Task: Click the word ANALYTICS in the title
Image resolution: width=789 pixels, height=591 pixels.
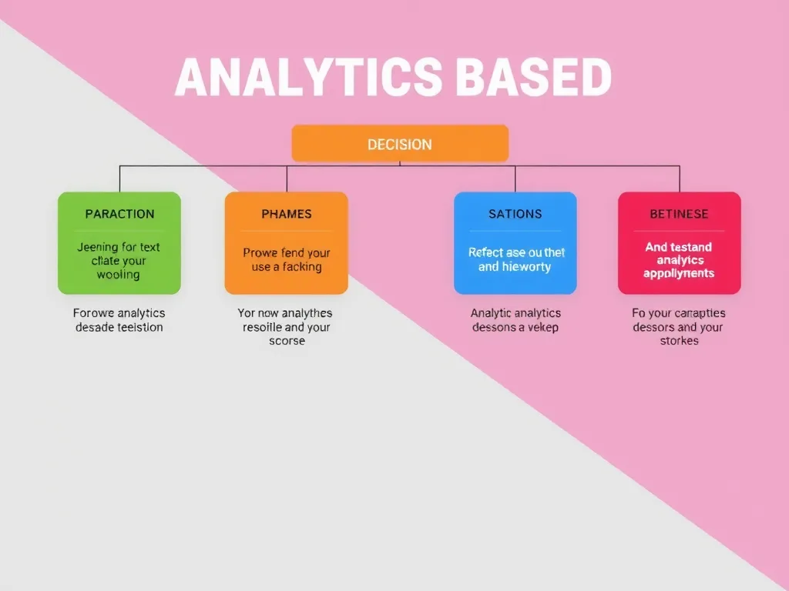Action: [x=308, y=78]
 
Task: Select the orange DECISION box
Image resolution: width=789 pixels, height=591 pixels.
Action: [x=400, y=144]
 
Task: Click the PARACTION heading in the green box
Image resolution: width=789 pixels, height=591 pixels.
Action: [x=119, y=214]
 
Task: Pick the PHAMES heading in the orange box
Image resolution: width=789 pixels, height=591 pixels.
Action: [x=286, y=214]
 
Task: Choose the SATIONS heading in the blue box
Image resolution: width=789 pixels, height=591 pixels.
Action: [x=515, y=214]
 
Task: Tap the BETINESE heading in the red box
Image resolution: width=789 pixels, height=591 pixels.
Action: [x=679, y=214]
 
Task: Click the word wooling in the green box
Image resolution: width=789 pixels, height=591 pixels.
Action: [x=119, y=275]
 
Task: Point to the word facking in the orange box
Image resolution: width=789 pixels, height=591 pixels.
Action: [x=302, y=267]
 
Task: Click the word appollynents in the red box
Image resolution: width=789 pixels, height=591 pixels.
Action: [x=679, y=274]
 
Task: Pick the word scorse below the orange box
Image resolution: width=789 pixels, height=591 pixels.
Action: [x=286, y=341]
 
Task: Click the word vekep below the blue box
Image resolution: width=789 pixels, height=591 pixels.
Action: [x=542, y=327]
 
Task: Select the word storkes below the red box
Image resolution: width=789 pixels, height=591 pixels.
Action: [x=679, y=341]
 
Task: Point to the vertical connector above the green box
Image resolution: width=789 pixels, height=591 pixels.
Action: [x=119, y=179]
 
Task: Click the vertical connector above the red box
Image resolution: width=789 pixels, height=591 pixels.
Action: [x=680, y=179]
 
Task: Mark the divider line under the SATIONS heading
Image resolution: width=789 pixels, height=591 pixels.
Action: [x=515, y=231]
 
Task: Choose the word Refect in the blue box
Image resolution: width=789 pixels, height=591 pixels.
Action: [x=485, y=252]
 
